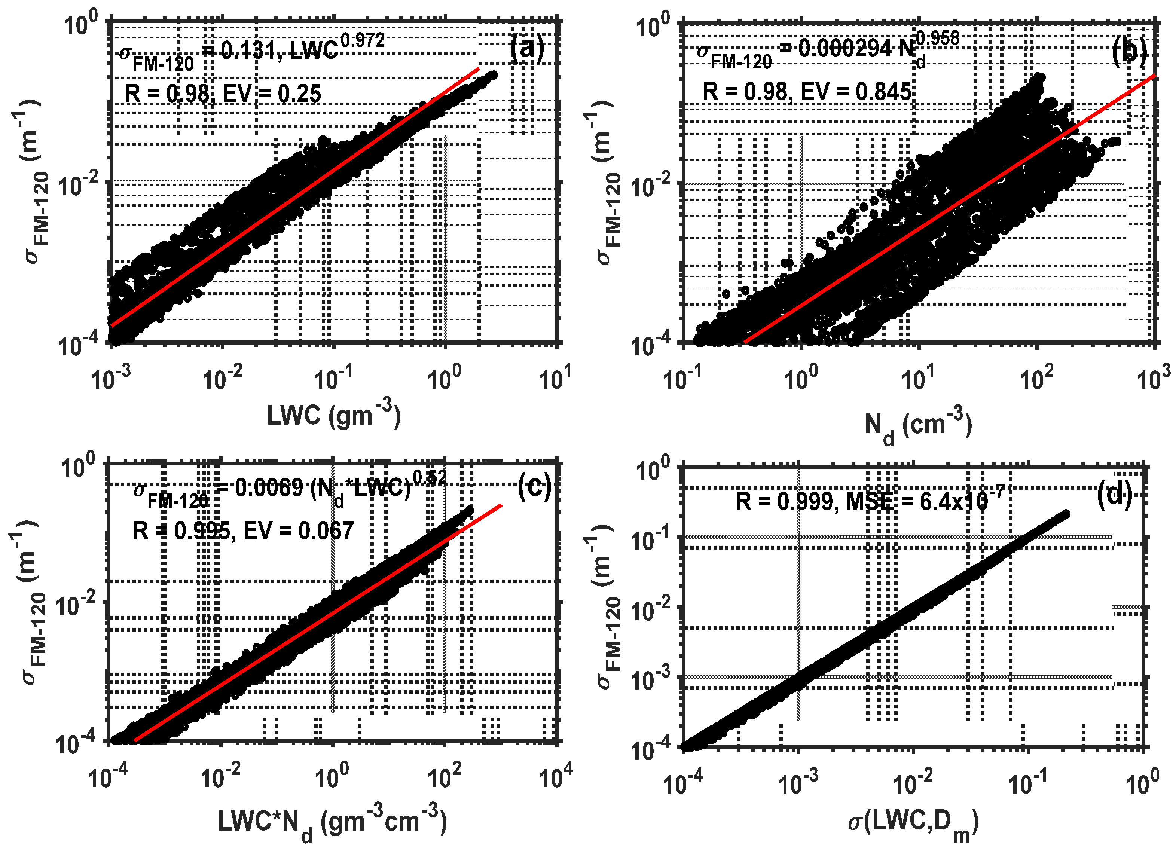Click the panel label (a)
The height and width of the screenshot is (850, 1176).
[x=527, y=48]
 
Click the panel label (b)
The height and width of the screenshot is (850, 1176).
[x=1129, y=52]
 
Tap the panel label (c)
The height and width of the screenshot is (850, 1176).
[x=534, y=487]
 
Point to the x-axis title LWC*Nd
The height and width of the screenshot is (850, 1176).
[x=332, y=822]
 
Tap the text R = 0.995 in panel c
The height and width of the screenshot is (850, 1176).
[x=181, y=531]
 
